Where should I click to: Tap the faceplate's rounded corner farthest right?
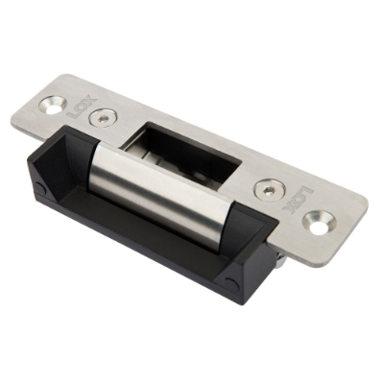(x=363, y=204)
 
